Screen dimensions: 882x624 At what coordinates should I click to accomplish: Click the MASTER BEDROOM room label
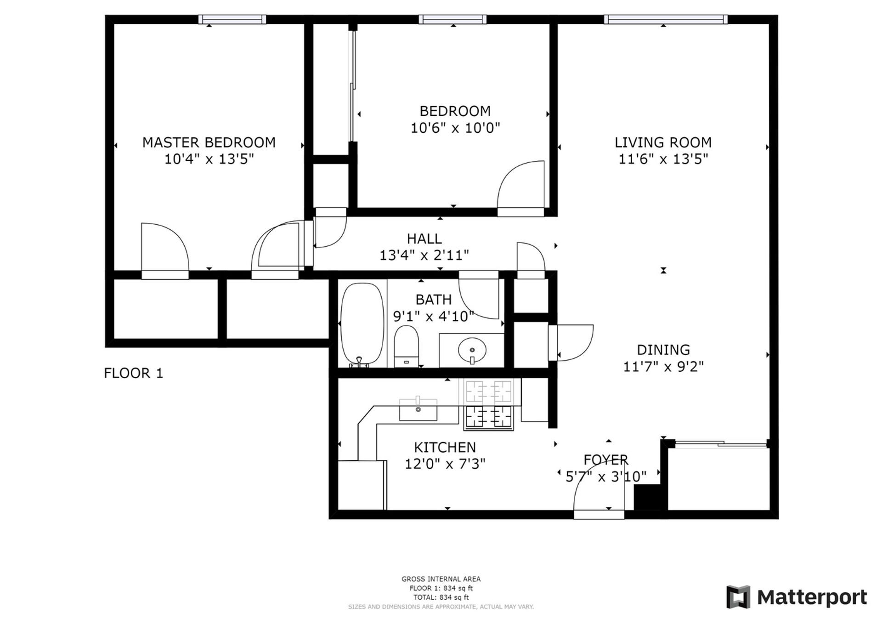tap(209, 142)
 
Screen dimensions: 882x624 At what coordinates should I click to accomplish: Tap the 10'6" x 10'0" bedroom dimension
tap(455, 128)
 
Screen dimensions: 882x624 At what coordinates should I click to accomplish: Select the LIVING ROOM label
tap(663, 142)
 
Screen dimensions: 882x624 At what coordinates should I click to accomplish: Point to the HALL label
tap(424, 238)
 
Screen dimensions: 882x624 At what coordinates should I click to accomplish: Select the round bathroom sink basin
tap(472, 351)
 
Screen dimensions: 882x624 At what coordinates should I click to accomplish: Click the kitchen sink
tap(418, 408)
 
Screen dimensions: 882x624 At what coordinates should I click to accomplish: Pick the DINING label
tap(663, 350)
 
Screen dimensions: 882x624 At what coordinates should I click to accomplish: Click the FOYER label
tap(606, 459)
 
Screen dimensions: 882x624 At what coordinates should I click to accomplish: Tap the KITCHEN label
tap(445, 447)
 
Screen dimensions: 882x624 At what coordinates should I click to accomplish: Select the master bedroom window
tap(232, 19)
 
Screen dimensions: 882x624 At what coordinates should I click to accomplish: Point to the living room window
tap(666, 19)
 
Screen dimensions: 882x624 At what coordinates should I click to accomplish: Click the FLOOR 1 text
tap(134, 373)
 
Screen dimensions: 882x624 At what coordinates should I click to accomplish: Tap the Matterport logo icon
tap(738, 597)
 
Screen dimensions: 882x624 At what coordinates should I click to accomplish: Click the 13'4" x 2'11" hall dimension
tap(424, 255)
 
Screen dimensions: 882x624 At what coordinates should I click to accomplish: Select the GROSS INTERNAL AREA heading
tap(441, 579)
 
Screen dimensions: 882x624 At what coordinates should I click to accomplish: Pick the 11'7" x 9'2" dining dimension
tap(663, 367)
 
